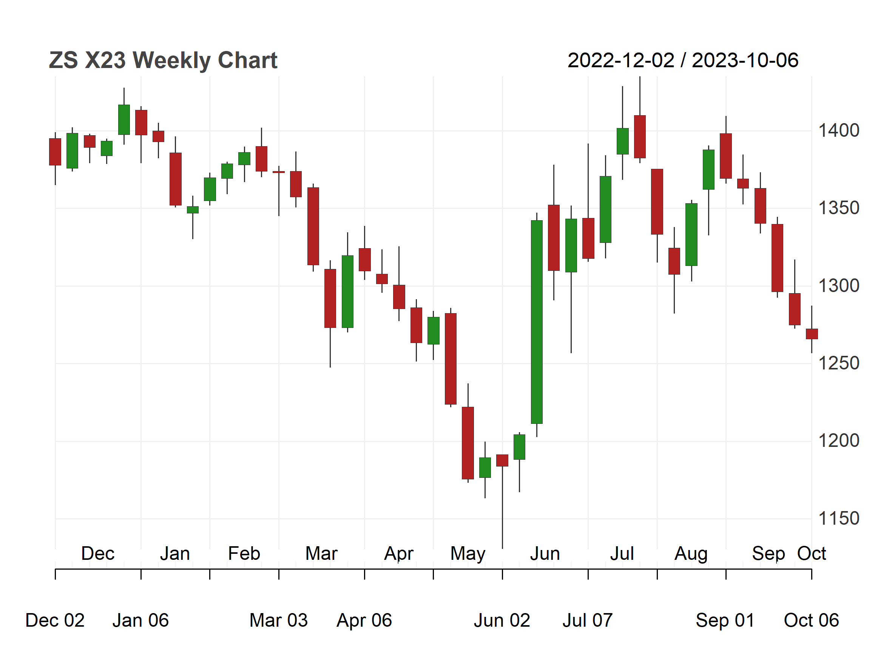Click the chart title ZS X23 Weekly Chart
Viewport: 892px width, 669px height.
163,60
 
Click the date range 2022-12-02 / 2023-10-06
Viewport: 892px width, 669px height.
683,60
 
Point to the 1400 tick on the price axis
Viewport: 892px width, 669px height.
838,131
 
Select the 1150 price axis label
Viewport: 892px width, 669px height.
838,519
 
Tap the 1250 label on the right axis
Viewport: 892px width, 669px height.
838,363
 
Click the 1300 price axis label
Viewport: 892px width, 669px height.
838,286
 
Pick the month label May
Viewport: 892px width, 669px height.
468,554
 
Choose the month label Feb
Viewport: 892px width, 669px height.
244,553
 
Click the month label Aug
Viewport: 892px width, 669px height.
691,554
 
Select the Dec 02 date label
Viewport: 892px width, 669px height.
55,620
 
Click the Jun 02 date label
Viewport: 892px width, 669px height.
502,620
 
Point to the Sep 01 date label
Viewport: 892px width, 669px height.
725,620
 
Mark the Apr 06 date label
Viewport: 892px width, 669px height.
364,620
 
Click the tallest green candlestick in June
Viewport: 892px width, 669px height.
537,322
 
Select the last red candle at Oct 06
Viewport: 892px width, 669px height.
812,334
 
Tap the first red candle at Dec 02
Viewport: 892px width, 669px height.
55,151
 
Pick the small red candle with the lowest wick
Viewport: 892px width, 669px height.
502,460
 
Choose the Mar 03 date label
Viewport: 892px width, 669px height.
279,620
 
